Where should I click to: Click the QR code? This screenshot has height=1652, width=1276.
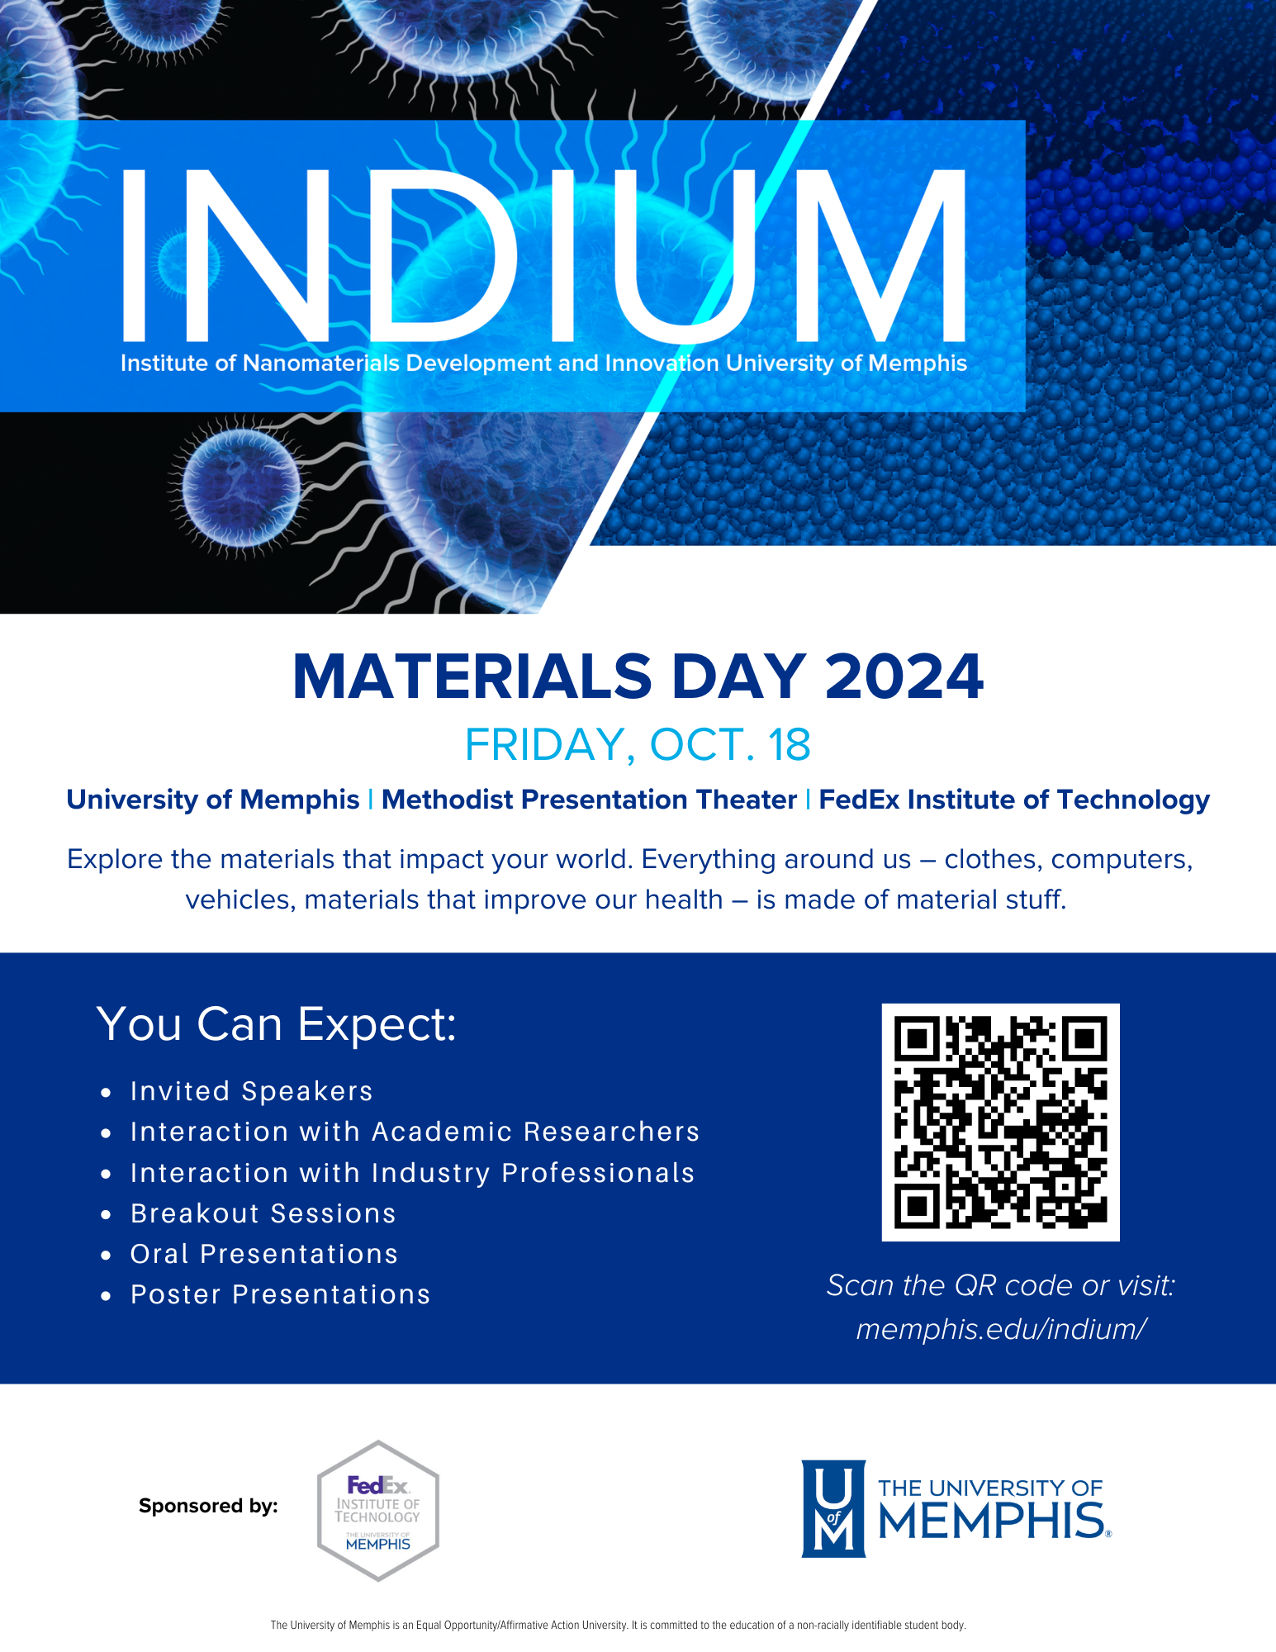coord(1000,1122)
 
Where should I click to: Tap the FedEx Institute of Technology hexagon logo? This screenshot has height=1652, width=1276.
coord(378,1510)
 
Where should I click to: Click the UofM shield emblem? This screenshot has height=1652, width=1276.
coord(833,1508)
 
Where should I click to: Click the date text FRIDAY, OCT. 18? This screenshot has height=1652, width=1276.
coord(638,745)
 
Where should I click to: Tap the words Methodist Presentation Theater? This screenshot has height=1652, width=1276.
coord(589,800)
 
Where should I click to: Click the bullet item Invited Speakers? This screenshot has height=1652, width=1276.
coord(251,1091)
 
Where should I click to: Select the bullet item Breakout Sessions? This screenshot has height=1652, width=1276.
coord(263,1213)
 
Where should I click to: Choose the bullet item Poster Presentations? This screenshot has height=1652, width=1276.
coord(280,1294)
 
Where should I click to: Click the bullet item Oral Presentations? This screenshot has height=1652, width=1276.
coord(264,1254)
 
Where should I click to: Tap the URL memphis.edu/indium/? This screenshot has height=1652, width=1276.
coord(1000,1329)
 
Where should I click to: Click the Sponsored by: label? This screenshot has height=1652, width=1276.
coord(208,1506)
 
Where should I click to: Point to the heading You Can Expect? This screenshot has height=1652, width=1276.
coord(276,1024)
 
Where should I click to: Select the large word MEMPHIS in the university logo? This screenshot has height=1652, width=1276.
coord(991,1521)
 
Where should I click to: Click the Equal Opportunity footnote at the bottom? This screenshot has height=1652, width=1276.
coord(618,1625)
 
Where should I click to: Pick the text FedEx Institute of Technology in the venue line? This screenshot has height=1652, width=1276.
coord(1014,800)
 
